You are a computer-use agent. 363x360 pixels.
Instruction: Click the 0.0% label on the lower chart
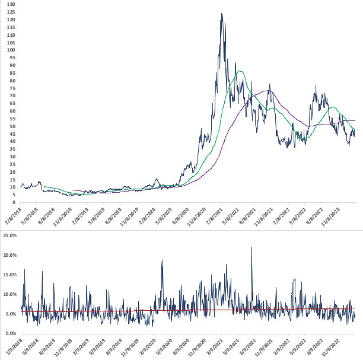(12, 333)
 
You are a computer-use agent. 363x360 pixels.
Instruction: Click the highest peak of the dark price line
(221, 14)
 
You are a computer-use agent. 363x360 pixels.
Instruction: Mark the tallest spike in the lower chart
(251, 247)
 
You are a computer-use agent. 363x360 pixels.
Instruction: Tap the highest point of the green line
(240, 71)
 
